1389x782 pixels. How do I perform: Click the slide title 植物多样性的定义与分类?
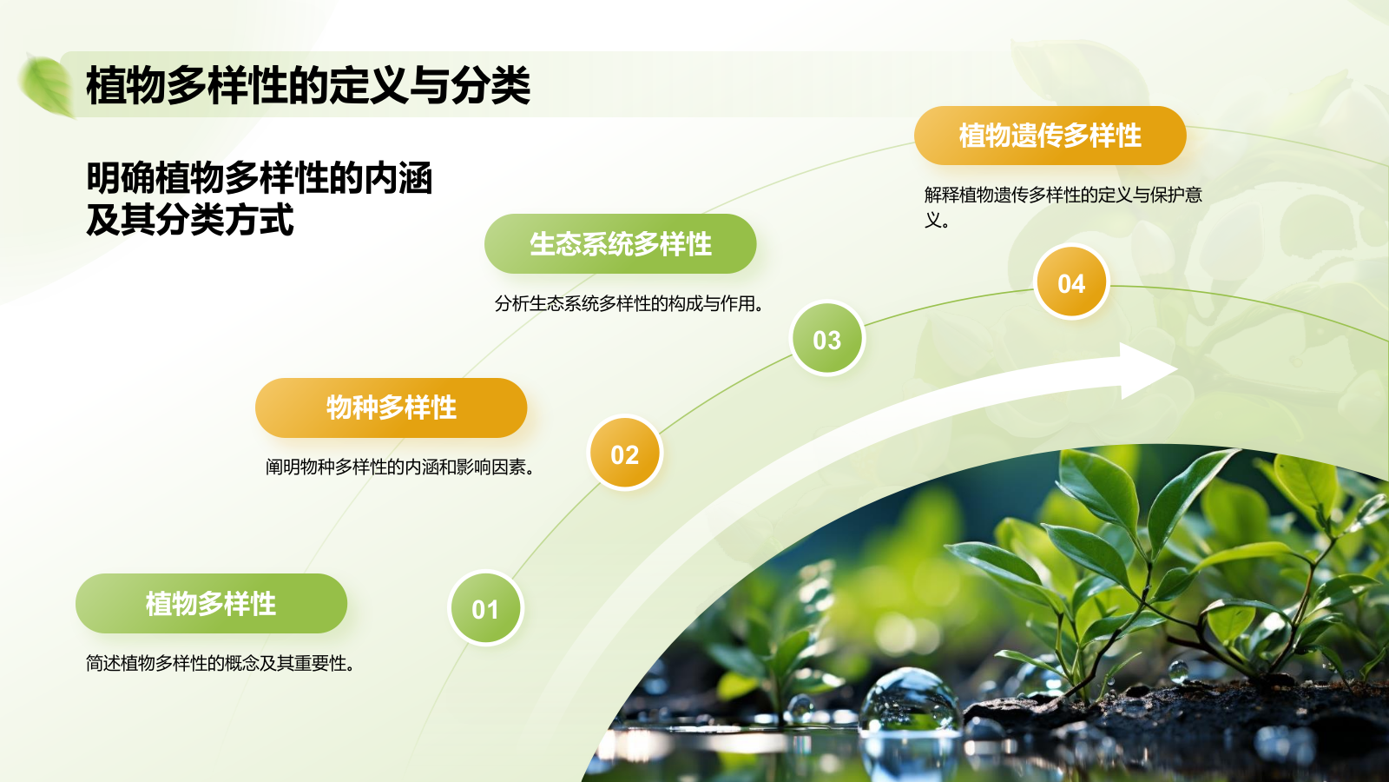click(308, 85)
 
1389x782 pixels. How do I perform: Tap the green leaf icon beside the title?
click(47, 86)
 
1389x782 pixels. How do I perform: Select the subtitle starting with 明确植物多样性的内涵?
click(260, 199)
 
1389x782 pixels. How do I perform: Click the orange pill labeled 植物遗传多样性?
click(1050, 136)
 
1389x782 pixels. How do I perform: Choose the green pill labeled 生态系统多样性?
click(620, 244)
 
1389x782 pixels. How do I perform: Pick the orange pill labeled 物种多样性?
click(392, 408)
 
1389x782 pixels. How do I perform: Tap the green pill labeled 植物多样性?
click(212, 603)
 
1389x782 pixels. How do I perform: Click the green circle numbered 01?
click(485, 608)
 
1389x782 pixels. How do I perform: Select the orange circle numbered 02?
click(624, 454)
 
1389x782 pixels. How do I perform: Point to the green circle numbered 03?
click(827, 339)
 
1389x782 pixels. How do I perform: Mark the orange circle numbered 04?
click(1071, 282)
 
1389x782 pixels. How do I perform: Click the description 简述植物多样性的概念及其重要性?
click(221, 664)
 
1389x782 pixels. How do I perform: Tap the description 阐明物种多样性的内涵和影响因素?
click(400, 467)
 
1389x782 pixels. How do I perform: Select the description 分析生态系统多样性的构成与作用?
click(629, 303)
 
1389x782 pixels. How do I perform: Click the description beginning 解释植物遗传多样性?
click(1063, 207)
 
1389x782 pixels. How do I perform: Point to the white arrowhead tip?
click(1177, 369)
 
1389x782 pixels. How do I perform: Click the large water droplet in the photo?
click(909, 701)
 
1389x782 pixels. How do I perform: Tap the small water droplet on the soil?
click(1178, 672)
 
